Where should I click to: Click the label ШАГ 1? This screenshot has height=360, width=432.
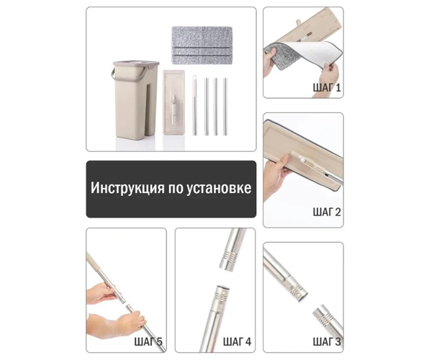327,88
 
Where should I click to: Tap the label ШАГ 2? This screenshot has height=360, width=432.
327,212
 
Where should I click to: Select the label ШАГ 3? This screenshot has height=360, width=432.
327,342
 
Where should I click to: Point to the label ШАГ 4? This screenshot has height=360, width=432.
237,342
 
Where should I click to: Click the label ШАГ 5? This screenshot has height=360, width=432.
148,342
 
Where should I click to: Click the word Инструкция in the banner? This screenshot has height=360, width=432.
127,189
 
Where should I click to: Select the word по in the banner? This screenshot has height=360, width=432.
175,189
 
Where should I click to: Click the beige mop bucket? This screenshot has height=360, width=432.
135,99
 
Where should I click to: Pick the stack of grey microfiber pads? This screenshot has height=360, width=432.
201,46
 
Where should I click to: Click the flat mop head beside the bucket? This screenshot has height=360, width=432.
174,102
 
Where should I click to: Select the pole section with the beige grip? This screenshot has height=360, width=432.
194,105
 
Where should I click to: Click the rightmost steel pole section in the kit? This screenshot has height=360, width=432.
225,107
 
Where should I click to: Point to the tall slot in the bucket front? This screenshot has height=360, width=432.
148,110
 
